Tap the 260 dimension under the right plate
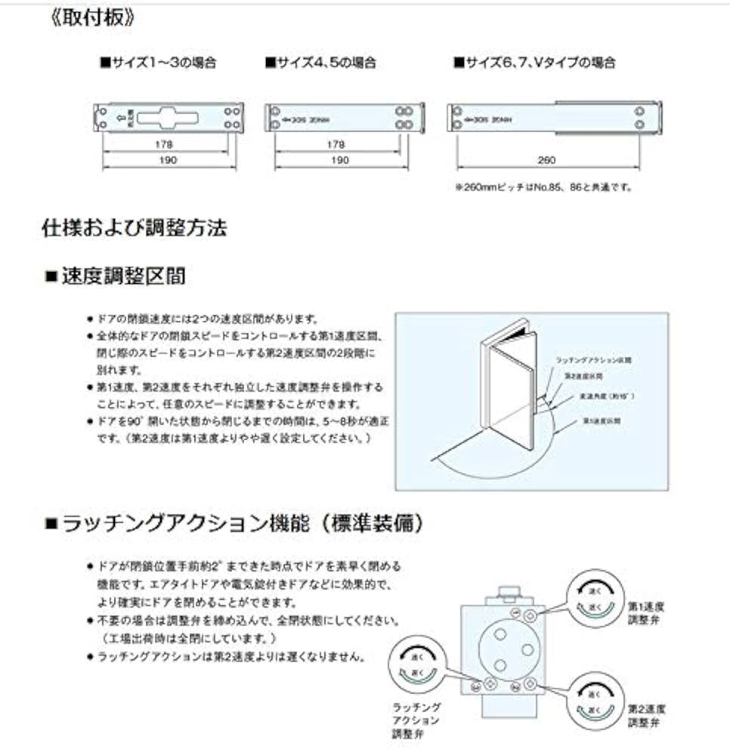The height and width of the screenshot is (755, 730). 548,160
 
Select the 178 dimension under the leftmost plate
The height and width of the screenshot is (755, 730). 165,143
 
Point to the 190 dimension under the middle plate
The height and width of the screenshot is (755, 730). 340,160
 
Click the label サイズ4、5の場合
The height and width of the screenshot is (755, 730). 320,63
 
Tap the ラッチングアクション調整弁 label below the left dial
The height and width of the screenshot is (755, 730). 416,720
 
